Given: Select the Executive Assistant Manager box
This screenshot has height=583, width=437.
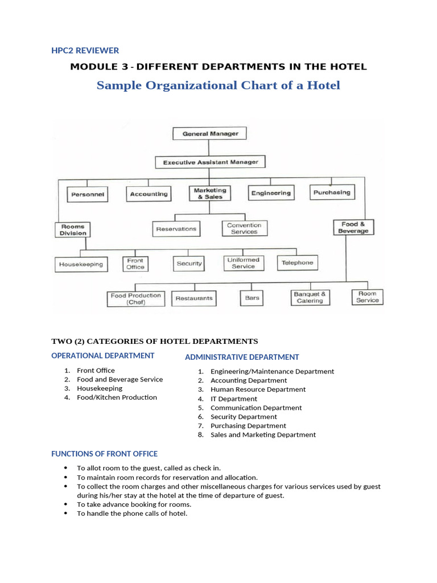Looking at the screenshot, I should (211, 162).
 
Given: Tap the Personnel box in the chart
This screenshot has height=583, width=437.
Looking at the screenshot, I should (88, 194).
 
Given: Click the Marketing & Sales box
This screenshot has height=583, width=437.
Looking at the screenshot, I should (209, 194).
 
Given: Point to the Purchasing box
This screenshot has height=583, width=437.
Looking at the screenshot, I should (332, 192).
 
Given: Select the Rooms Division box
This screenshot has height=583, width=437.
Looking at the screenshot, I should (73, 229).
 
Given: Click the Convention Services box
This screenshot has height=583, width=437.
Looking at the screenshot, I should (244, 229).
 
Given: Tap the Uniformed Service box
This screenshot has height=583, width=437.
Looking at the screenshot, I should (243, 263).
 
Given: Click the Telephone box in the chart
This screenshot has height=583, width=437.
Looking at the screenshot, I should (297, 262).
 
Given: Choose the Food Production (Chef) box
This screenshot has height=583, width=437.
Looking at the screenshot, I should (135, 299).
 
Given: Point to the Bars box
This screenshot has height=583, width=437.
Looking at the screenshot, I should (252, 298).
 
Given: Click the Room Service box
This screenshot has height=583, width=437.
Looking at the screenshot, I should (367, 297).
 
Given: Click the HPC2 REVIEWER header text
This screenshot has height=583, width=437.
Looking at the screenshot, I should (85, 50).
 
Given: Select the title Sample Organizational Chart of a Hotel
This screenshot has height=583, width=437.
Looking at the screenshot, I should (218, 85).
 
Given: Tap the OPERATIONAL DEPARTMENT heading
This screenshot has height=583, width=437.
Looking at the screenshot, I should (102, 355).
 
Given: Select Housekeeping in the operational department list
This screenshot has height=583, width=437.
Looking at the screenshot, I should (100, 388).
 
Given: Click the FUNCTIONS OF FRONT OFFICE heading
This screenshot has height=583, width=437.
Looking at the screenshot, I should (104, 454).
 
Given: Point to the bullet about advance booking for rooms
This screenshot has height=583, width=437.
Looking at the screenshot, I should (134, 504).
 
